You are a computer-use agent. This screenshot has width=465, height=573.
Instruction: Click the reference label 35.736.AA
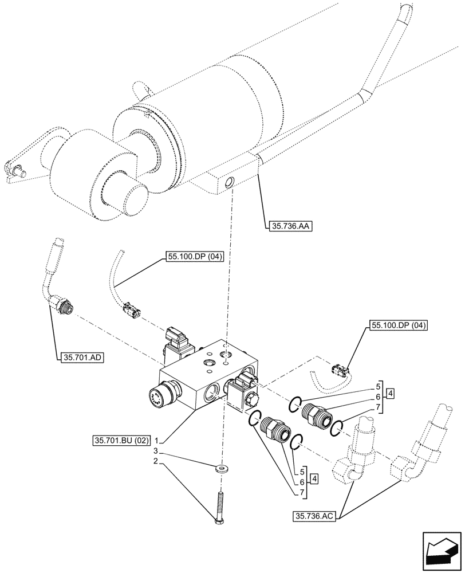click(289, 226)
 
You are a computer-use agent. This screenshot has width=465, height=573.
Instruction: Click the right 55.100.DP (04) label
click(399, 325)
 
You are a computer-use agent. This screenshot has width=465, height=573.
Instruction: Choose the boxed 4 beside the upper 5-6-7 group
click(389, 393)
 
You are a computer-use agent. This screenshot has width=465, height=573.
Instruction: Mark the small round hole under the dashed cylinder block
click(230, 183)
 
